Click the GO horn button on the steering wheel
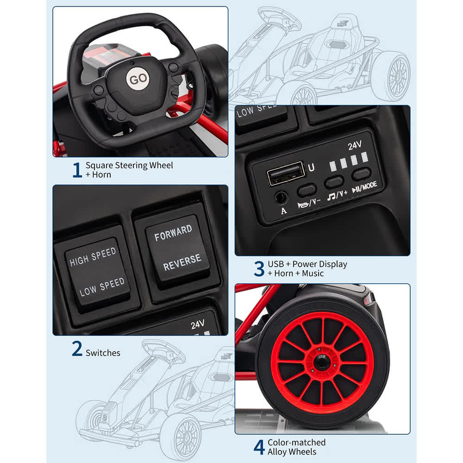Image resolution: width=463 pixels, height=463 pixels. coord(138,79)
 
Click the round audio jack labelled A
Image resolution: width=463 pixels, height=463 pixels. coord(281,197)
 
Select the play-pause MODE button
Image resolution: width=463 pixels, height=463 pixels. coord(361,175)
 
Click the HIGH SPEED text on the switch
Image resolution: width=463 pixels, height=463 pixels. coord(93,257)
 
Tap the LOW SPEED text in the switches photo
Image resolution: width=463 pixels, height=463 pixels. coord(102,287)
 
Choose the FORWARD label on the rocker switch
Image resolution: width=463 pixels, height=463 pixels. coord(173,233)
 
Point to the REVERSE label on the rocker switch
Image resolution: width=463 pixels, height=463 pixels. coord(182,262)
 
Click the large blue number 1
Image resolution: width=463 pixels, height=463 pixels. coord(77,170)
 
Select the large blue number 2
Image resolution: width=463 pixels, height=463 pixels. coord(77,349)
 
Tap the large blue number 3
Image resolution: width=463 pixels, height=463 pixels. coord(259,269)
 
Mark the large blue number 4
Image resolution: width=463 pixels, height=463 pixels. coord(259,447)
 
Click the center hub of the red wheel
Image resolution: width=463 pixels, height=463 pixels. coord(322,363)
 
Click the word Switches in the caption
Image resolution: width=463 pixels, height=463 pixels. coord(103,353)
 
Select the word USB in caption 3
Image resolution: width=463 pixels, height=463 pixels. coord(276,264)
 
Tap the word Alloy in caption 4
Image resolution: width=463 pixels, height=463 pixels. coord(278,452)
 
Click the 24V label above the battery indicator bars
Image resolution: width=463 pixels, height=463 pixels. coord(354,145)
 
